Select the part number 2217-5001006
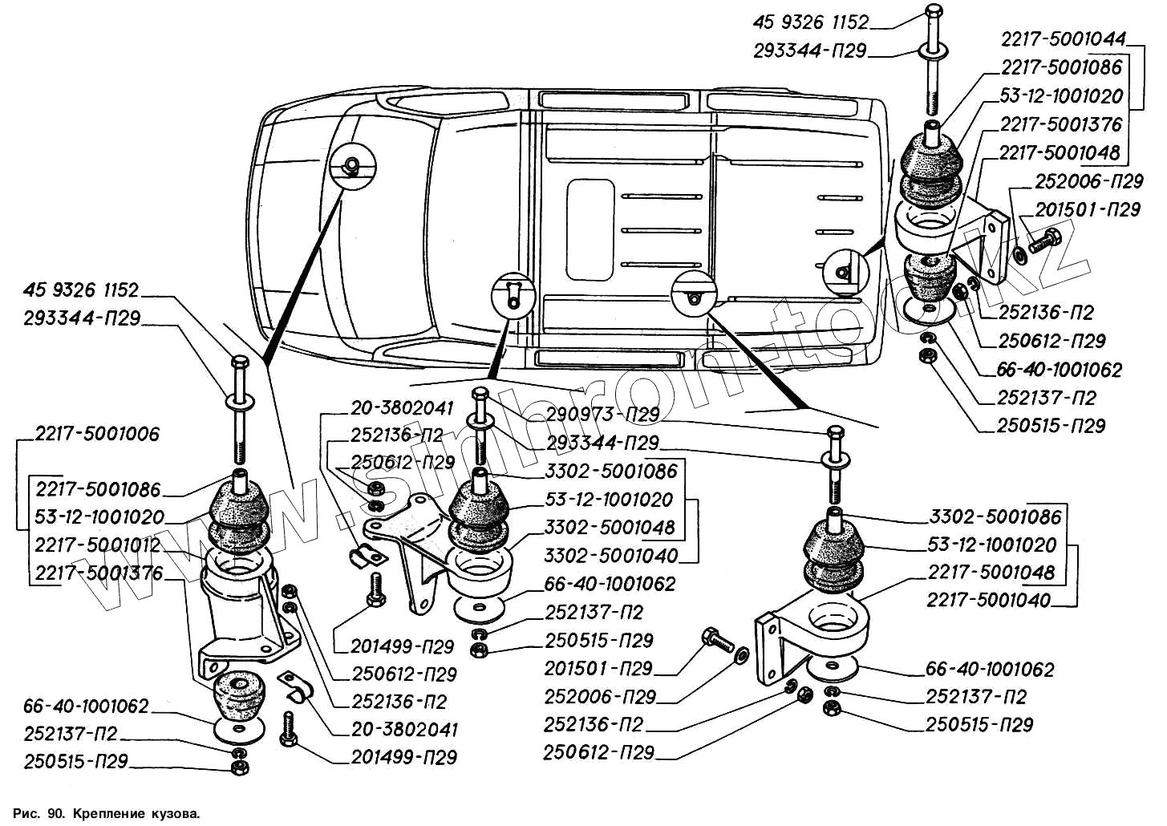click(x=97, y=434)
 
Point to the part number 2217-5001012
click(x=97, y=545)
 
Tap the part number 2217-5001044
click(x=1063, y=38)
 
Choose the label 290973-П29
click(x=602, y=415)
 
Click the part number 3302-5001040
click(x=610, y=556)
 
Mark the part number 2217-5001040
click(x=988, y=600)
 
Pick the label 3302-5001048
click(x=610, y=528)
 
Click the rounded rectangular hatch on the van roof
click(x=590, y=229)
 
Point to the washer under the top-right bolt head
click(x=933, y=54)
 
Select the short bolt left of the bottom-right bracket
click(x=716, y=639)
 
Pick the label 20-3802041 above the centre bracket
click(x=402, y=407)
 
